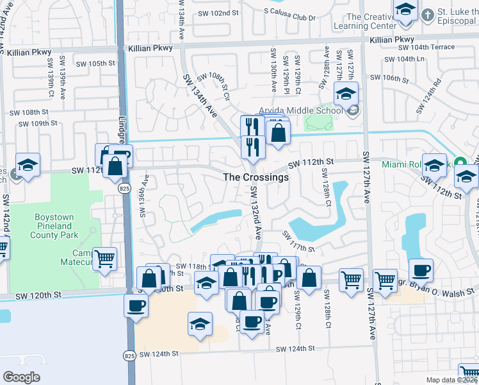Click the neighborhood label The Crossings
[256, 177]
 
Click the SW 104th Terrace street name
[426, 47]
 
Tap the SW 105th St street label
[95, 64]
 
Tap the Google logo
[21, 377]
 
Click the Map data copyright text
[451, 380]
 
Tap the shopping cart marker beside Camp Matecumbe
[104, 259]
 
